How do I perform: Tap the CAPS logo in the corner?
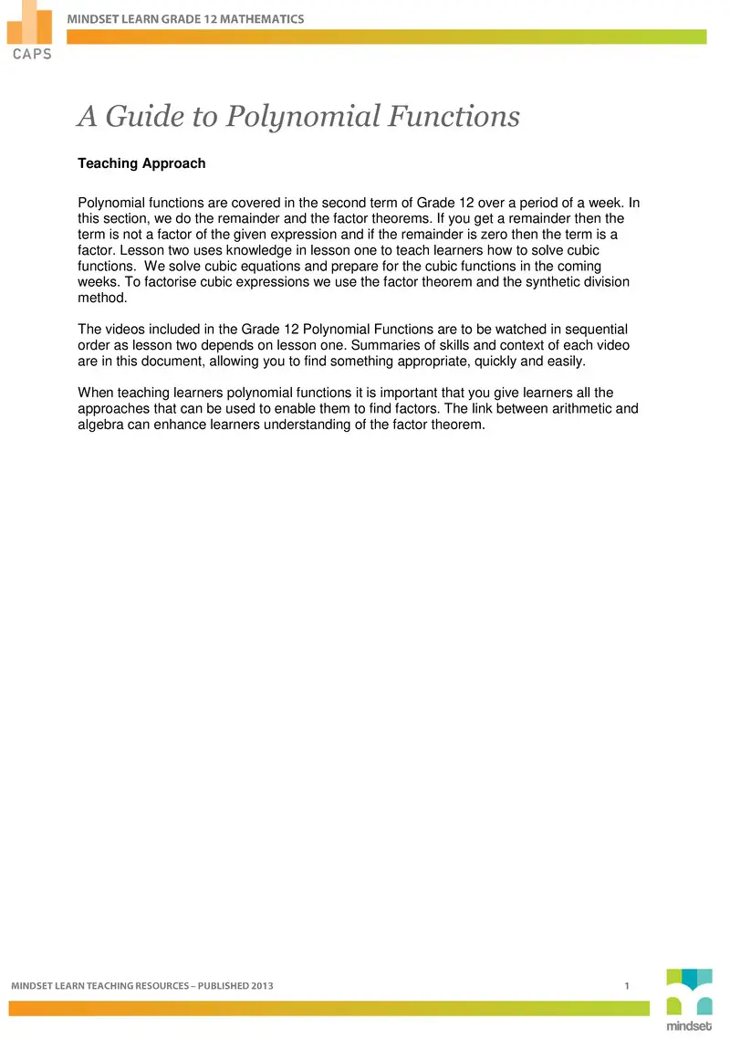[x=31, y=31]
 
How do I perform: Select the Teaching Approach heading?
[x=141, y=163]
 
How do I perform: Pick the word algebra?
[x=101, y=424]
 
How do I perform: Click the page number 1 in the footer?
[x=627, y=986]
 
